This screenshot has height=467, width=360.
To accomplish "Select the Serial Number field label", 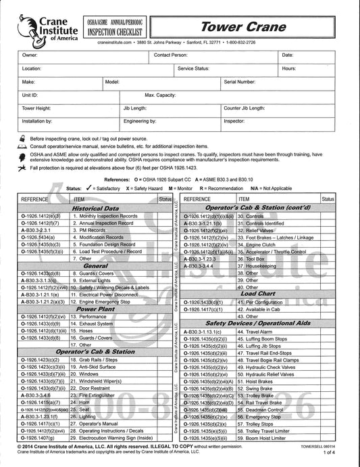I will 240,81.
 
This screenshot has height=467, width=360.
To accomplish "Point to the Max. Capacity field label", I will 160,95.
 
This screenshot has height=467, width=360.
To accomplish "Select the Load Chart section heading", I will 257,294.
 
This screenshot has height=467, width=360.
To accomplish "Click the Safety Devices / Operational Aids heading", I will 266,324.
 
